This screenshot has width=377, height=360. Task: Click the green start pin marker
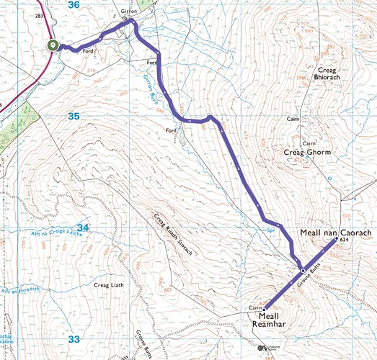pos(53,45)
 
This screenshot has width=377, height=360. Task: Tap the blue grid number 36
pos(74,5)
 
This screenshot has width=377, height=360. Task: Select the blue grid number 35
pos(74,116)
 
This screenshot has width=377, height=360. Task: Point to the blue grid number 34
pos(83,228)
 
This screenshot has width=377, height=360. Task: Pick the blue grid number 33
pos(74,338)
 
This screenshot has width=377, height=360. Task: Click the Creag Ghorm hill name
pos(306,153)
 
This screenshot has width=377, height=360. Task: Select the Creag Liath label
pos(109,285)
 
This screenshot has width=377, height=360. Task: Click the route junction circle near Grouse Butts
pos(303,270)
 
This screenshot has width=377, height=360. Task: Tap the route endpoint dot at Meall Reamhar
pos(264,308)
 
